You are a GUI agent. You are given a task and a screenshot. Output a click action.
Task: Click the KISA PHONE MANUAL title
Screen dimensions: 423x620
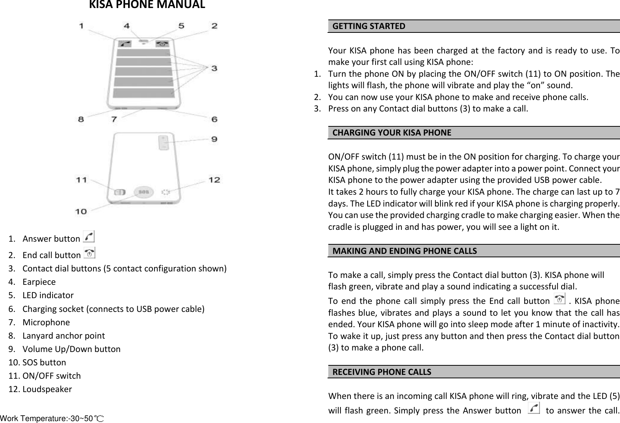point(147,5)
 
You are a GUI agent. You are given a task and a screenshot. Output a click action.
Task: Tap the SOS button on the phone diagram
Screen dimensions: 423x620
point(143,192)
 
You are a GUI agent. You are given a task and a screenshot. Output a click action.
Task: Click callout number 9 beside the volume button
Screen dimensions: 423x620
point(214,139)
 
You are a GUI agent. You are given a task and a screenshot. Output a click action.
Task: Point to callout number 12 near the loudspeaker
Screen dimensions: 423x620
point(214,179)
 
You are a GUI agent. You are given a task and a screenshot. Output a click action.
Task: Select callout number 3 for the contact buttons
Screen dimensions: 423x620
point(214,68)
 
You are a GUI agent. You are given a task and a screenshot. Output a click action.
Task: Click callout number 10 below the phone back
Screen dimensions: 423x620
point(81,211)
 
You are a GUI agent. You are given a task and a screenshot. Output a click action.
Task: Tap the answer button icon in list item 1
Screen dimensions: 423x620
point(88,237)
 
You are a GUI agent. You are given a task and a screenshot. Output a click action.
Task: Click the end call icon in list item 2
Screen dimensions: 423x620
point(90,253)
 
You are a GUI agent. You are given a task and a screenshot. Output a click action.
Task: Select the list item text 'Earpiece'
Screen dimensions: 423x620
point(39,282)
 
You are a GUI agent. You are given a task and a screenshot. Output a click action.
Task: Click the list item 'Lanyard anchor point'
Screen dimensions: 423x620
point(63,336)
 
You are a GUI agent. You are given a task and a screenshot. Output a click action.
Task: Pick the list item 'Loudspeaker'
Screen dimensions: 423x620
point(47,389)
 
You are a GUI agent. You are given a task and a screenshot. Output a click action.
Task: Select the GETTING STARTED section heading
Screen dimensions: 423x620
point(369,26)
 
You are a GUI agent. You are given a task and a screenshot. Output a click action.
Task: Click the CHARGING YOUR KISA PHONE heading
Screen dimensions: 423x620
point(392,133)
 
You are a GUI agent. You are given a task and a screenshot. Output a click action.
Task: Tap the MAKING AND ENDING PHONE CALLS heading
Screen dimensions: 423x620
point(405,251)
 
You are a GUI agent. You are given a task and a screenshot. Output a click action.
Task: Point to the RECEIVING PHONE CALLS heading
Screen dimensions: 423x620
point(382,372)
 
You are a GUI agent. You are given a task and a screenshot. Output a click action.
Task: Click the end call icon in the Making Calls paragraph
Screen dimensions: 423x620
point(559,300)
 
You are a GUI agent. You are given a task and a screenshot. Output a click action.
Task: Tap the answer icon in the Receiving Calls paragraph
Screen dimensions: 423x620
point(534,409)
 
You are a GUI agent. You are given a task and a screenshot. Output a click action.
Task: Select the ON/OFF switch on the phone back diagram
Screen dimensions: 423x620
point(120,192)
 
